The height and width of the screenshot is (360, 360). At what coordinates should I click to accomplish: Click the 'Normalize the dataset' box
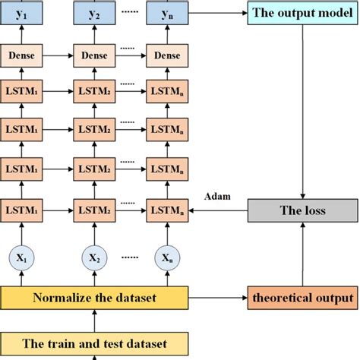click(95, 297)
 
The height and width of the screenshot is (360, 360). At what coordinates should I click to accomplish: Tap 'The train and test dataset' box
click(95, 342)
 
